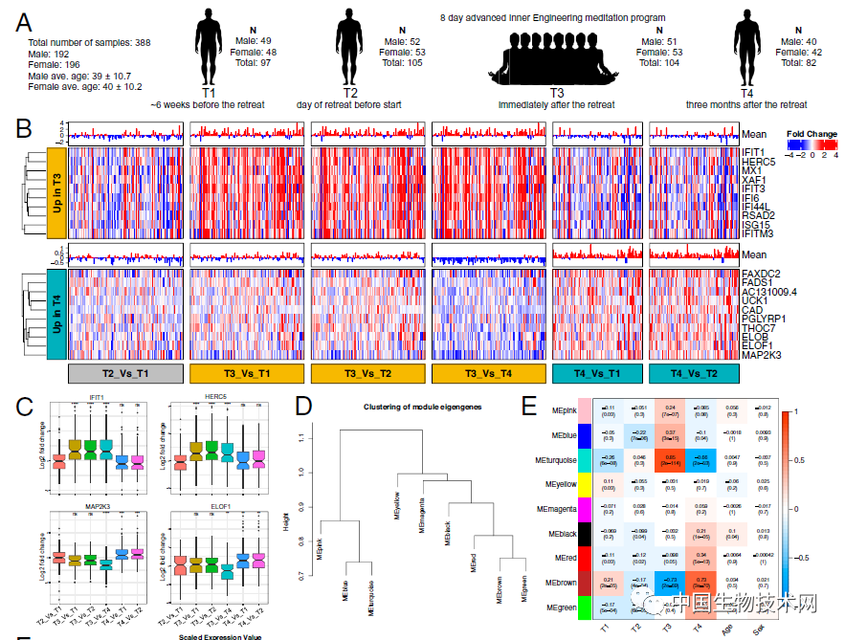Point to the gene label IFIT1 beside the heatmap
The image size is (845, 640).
[753, 152]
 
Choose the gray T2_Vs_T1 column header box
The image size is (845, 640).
[126, 372]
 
